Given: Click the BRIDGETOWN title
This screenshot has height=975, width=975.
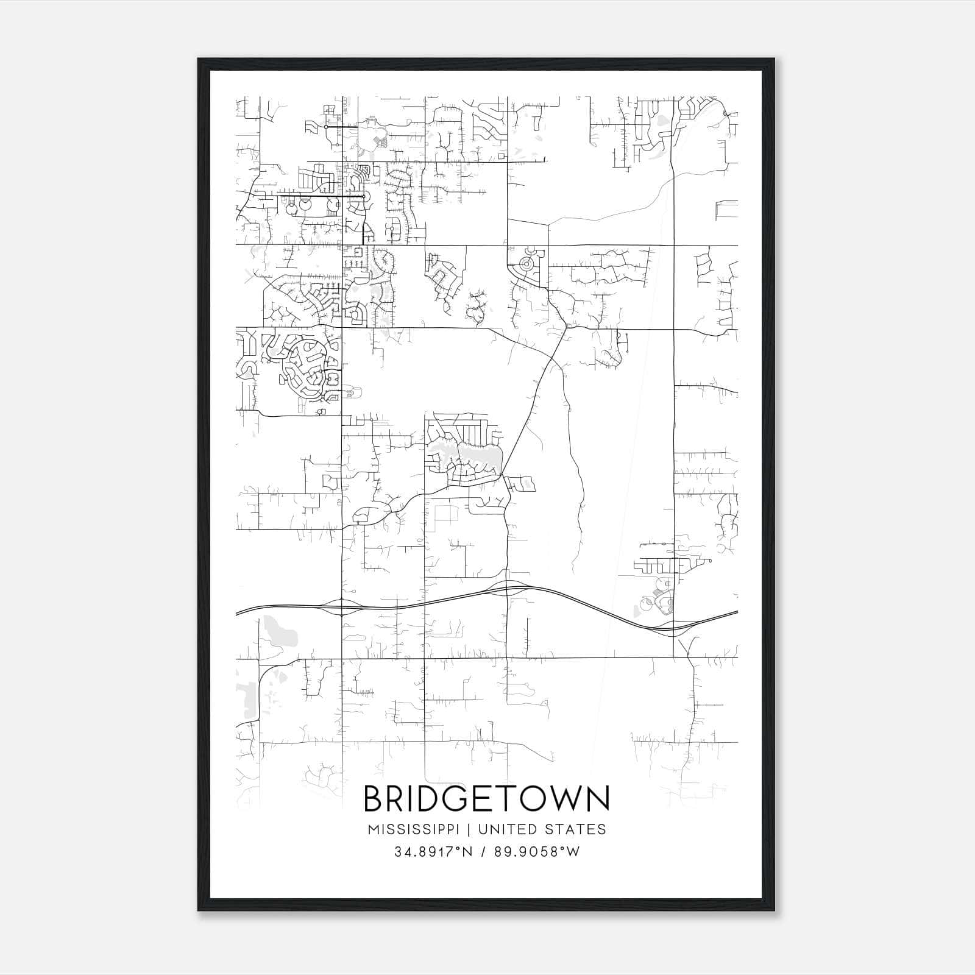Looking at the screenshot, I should pyautogui.click(x=486, y=799).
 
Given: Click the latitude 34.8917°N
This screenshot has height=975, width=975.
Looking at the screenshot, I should pyautogui.click(x=433, y=852).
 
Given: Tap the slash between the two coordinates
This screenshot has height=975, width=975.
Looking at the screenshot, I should pyautogui.click(x=483, y=852).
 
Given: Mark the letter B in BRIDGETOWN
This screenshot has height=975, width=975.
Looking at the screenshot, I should pyautogui.click(x=374, y=799).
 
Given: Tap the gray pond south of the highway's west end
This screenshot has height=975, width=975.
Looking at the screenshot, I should pyautogui.click(x=279, y=631).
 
